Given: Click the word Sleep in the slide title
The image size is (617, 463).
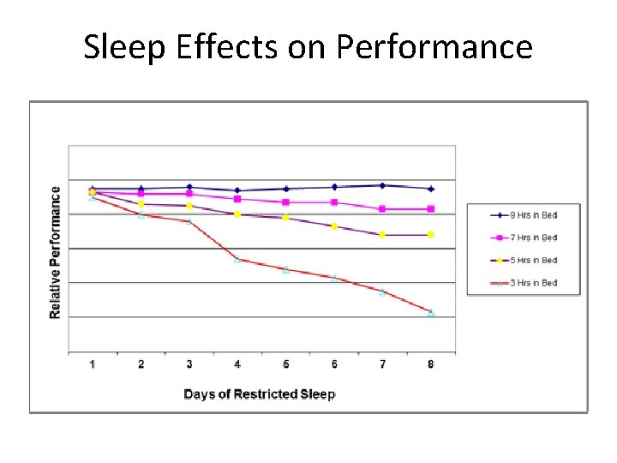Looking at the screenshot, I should pos(121,47).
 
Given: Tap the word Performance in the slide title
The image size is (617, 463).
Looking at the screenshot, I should pos(434,47).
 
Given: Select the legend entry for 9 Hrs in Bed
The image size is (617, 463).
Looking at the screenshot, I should pos(524,215).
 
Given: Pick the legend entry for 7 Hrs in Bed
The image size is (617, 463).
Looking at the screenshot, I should pos(524,238).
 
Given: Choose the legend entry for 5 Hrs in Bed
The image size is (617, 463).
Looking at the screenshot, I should pos(524,260).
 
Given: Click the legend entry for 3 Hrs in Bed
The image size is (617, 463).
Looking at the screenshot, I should pos(524,282).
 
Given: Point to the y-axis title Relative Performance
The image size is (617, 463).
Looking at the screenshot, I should pos(56,253).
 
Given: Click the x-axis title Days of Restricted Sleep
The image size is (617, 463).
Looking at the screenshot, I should pos(260,394).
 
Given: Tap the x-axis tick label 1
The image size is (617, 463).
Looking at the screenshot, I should pos(93,364).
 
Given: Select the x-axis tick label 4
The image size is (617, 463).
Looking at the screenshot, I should pos(237,364).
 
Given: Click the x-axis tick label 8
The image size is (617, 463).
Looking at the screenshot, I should pos(431,364).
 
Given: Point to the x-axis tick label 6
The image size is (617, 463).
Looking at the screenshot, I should pos(334,364).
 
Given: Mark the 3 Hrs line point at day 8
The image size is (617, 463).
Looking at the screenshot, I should pos(431,314).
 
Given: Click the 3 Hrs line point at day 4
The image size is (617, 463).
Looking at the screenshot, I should pos(237,259).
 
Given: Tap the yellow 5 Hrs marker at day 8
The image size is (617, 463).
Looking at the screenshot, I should pos(431,234).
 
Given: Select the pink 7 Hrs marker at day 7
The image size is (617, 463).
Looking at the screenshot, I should pos(382,209).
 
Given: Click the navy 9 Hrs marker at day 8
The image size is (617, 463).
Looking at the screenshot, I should pos(431,189).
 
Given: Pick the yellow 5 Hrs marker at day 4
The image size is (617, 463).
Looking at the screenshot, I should pos(237,214).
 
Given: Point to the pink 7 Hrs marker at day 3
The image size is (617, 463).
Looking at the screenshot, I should pos(189,194).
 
